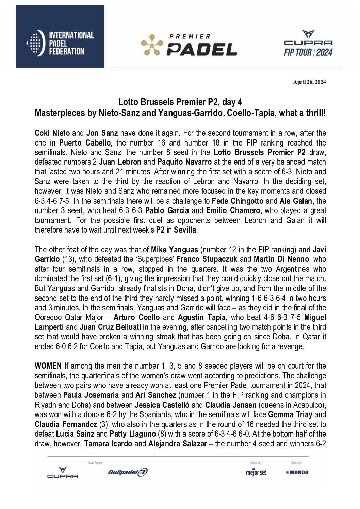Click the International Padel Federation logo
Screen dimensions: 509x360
pos(60,43)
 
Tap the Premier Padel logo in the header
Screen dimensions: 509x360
pos(189,45)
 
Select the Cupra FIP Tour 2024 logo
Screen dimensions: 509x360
pos(308,44)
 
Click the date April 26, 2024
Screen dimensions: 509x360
pos(309,82)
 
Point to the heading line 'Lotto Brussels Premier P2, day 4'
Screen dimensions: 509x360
pos(180,102)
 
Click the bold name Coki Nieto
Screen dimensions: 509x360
pos(52,133)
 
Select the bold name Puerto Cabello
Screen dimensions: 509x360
pos(85,143)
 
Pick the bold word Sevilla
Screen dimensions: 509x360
pos(185,230)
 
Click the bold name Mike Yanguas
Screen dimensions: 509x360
pos(175,250)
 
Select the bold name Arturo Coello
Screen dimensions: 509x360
pos(136,318)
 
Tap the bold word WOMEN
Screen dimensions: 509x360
pos(48,366)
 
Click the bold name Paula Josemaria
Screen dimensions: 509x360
pos(91,395)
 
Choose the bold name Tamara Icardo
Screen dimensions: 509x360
pos(108,444)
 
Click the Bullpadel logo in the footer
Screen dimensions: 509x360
pos(128,472)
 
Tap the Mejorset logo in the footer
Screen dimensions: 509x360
pos(256,472)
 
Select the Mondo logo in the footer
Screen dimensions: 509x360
pos(297,472)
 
